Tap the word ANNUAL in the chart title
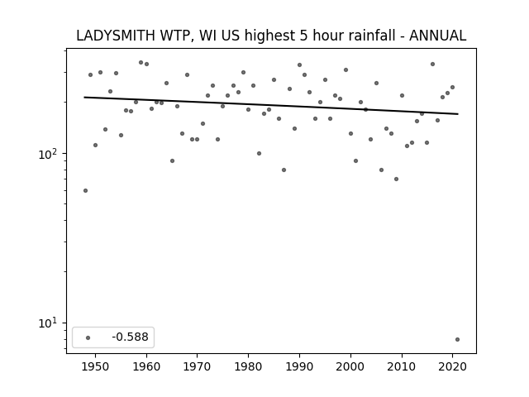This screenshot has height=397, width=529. point(437,36)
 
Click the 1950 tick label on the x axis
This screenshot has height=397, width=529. point(96,366)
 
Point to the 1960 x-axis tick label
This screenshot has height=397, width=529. point(146,366)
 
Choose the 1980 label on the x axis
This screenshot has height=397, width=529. point(249,366)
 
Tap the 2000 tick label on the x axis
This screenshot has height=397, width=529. point(350,366)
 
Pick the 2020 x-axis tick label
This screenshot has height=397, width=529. point(453,366)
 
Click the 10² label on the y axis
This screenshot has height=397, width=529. point(49,154)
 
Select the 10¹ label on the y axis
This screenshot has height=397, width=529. point(49,323)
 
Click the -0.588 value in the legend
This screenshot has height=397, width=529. point(131,337)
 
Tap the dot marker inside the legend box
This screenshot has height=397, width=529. point(88,337)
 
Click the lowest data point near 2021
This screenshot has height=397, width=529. point(457,339)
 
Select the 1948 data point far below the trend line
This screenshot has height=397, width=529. point(85,191)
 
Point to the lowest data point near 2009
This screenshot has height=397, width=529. point(397,179)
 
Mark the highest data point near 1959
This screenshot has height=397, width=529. point(141,63)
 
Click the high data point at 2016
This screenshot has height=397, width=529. point(432,65)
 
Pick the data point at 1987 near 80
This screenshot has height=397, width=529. point(284,170)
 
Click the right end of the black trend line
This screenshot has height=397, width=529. point(458,114)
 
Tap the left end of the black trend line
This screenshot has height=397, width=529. point(84,98)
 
